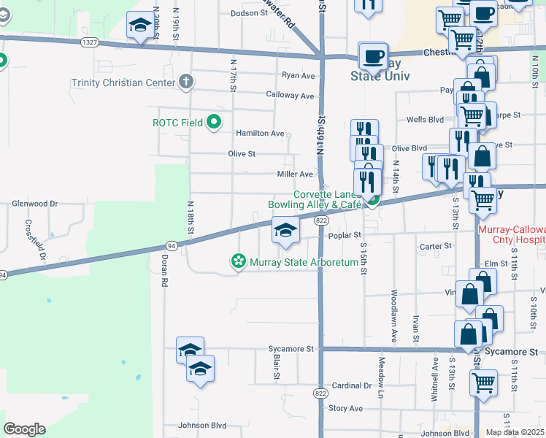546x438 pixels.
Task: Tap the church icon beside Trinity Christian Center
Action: click(x=187, y=82)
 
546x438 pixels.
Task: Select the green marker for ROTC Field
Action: click(x=214, y=123)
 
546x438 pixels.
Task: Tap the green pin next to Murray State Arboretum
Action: click(x=238, y=261)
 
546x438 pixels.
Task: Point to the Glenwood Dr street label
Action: click(x=35, y=204)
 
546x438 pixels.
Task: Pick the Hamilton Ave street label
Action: click(x=259, y=134)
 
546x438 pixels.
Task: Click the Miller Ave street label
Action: click(x=295, y=174)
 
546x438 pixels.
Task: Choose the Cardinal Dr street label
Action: click(x=351, y=385)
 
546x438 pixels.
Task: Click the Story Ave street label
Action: click(x=346, y=408)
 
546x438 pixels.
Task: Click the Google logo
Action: click(x=24, y=429)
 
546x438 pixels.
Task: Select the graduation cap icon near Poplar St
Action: click(x=285, y=231)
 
